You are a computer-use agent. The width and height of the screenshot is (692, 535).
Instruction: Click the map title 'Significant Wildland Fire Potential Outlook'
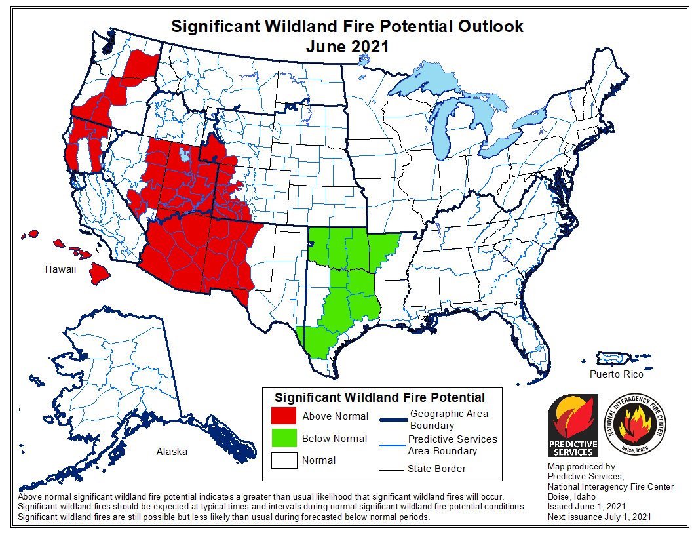[347, 26]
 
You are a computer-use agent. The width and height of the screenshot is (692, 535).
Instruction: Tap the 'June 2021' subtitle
[347, 47]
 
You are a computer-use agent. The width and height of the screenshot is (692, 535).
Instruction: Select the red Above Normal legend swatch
[284, 416]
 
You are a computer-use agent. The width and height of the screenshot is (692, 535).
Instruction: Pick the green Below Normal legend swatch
[284, 439]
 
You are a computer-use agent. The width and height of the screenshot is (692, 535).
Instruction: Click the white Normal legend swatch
[284, 460]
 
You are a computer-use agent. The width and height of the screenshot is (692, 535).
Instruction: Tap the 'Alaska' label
[172, 451]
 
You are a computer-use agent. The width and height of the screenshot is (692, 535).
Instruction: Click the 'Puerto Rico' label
[616, 374]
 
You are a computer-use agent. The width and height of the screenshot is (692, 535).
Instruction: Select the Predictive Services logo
[573, 425]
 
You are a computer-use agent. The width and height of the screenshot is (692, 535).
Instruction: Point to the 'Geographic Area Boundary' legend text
[449, 420]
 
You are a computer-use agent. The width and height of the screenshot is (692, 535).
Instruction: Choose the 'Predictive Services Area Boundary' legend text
[452, 445]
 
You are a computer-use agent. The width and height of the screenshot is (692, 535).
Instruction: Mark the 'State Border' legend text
[436, 468]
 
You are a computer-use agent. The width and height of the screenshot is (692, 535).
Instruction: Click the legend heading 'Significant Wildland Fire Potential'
[379, 397]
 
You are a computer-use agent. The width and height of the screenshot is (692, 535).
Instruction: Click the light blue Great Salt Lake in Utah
[185, 156]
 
